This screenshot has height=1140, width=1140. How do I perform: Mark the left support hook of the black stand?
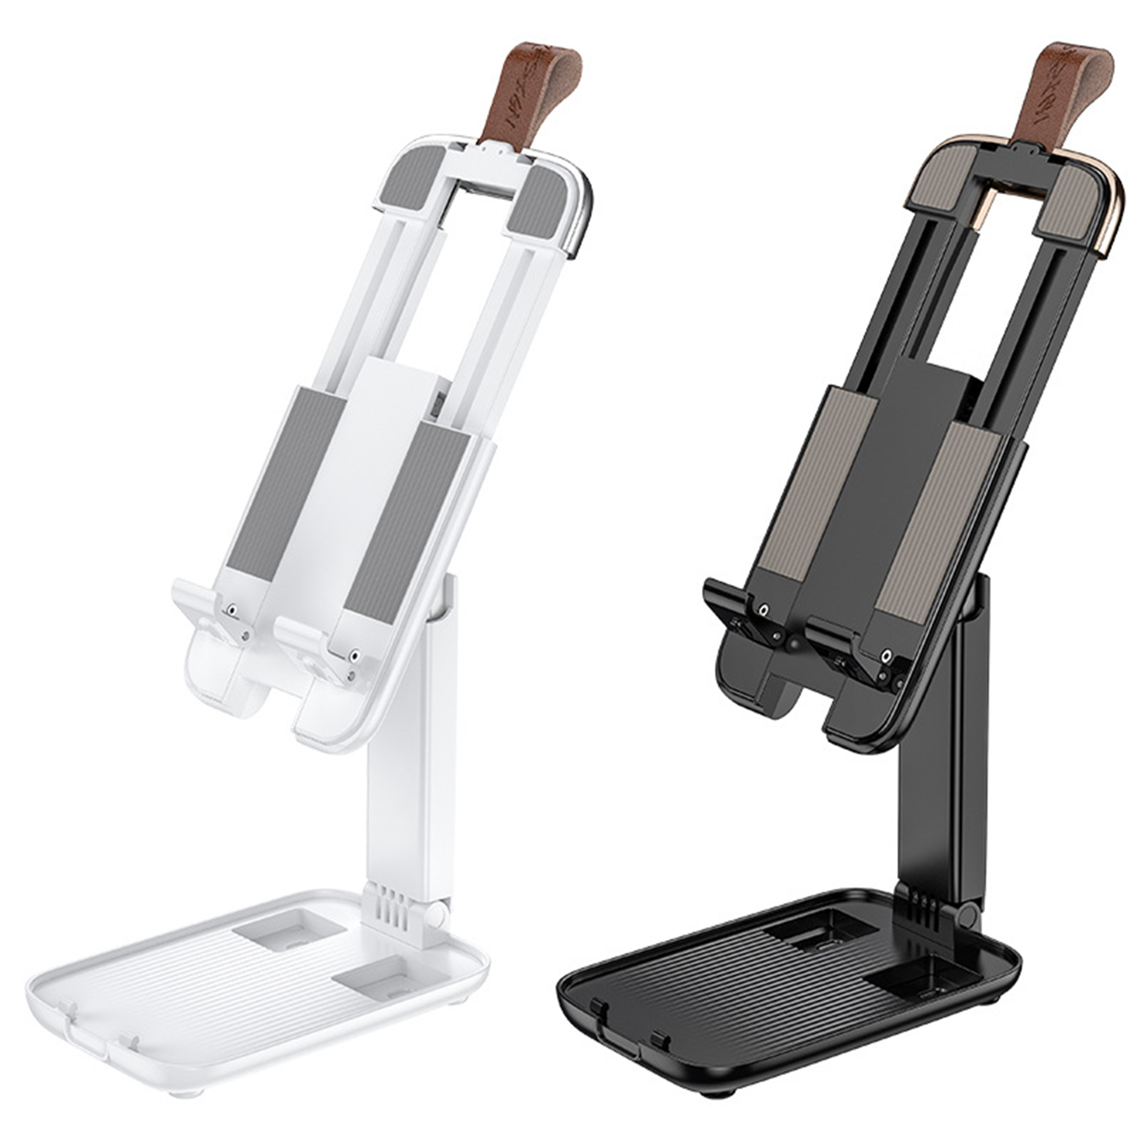point(735,602)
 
